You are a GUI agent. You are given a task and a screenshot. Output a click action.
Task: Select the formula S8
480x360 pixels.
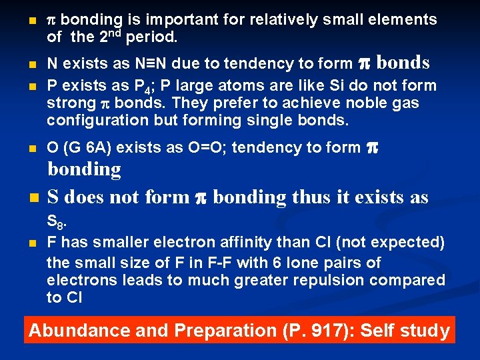[55, 222]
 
